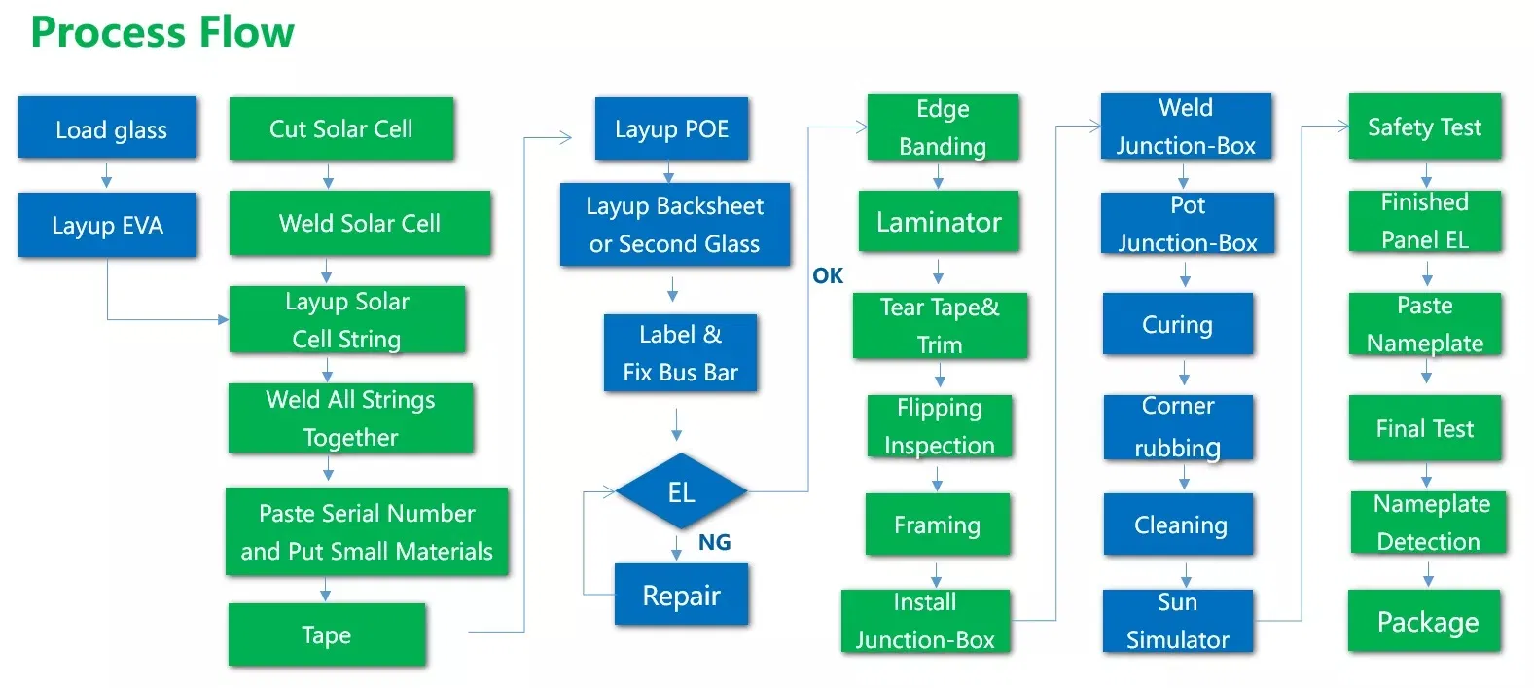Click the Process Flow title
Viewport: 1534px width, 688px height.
coord(161,32)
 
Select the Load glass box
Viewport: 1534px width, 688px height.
coord(108,128)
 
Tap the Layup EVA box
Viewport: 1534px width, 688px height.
coord(108,226)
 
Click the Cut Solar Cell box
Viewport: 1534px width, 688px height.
coord(341,128)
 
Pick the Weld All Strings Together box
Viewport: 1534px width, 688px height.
coord(351,418)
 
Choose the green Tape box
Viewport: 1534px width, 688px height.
coord(327,635)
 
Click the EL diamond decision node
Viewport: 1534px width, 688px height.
coord(681,492)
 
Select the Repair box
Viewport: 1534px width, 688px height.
coord(681,596)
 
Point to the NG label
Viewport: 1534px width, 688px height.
coord(714,543)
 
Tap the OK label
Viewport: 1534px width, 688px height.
coord(828,276)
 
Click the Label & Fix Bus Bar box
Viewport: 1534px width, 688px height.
coord(680,353)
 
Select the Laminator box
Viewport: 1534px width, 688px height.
coord(939,223)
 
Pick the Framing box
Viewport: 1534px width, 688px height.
coord(938,525)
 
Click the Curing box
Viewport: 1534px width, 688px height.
coord(1178,325)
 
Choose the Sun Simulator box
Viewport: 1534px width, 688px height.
coord(1178,621)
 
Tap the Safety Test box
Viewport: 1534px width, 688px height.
coord(1424,127)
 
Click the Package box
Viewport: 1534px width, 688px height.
coord(1427,622)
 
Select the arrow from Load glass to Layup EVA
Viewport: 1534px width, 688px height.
coord(107,176)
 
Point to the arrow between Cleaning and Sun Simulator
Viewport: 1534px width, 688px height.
coord(1186,573)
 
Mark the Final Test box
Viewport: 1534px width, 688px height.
coord(1424,429)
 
